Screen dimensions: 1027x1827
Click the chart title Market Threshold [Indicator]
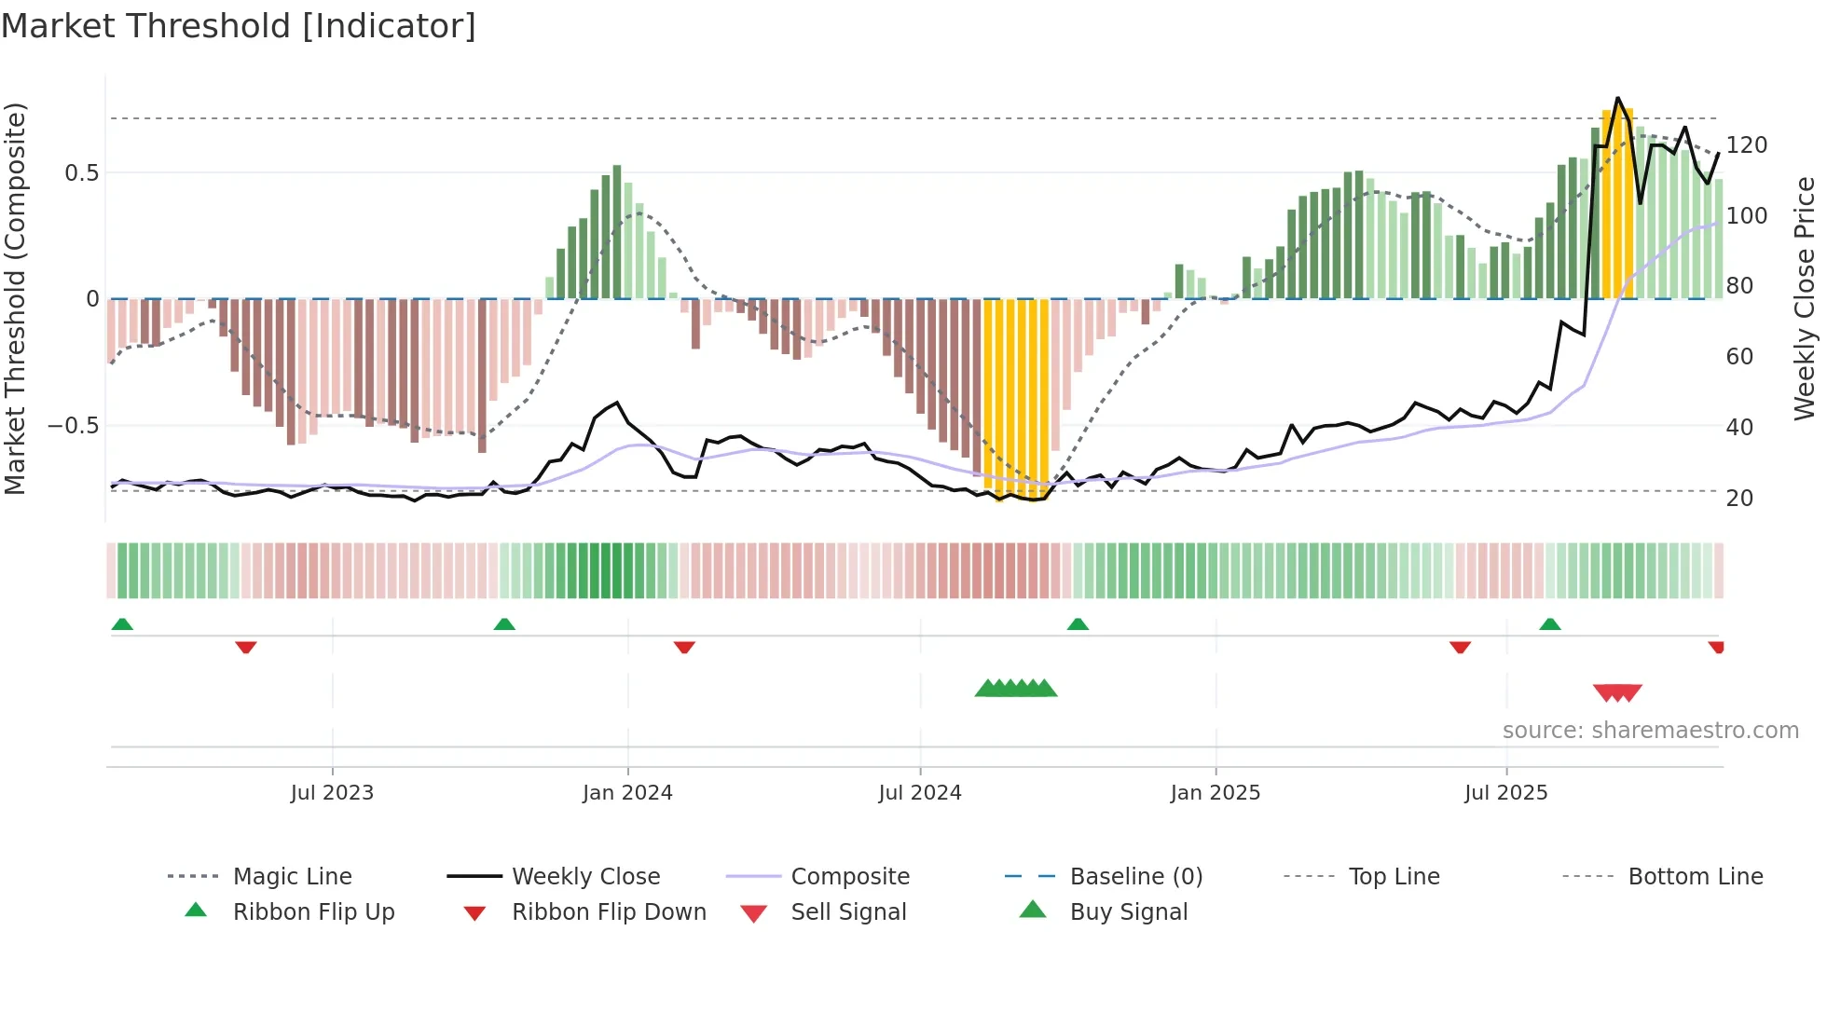click(x=239, y=26)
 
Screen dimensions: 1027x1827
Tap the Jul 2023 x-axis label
click(x=332, y=792)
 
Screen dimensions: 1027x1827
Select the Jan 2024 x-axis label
click(x=627, y=792)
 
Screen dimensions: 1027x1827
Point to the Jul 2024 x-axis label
click(x=920, y=792)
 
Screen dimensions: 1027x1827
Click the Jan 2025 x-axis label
click(x=1216, y=792)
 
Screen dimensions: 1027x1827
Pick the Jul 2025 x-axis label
click(x=1506, y=792)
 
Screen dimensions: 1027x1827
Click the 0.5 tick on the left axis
click(x=82, y=173)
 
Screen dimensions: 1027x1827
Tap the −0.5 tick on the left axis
click(x=74, y=426)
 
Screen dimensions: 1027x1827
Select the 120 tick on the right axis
click(x=1747, y=145)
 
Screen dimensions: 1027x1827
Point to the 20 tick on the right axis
click(x=1739, y=498)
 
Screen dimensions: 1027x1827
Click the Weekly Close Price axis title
click(x=1806, y=298)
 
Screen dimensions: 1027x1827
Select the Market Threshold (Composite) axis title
click(x=15, y=298)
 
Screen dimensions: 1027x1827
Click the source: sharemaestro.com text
click(x=1650, y=731)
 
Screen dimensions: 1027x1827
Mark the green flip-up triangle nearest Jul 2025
click(x=1550, y=624)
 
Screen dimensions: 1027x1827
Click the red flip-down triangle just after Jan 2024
click(x=684, y=647)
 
